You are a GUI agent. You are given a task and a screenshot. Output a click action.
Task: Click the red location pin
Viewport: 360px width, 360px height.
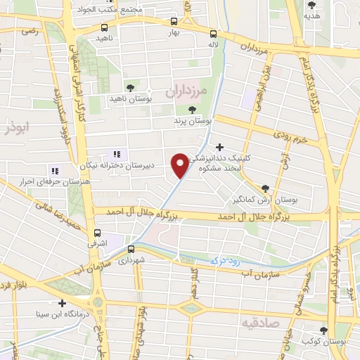181,165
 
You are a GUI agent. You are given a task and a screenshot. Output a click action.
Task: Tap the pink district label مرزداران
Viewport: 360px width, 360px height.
188,91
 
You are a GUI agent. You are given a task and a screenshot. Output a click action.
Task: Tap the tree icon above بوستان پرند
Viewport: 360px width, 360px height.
193,109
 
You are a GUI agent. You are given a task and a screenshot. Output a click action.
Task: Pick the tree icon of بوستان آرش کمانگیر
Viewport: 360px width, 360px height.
265,188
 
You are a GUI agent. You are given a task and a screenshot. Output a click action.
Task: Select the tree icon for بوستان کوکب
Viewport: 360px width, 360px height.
324,330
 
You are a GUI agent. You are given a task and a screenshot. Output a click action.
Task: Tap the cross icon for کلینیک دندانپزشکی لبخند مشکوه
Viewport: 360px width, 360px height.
220,147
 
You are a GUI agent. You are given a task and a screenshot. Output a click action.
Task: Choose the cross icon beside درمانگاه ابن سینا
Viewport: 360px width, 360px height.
63,304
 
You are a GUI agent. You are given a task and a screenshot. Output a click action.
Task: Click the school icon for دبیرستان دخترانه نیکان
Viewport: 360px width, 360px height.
117,154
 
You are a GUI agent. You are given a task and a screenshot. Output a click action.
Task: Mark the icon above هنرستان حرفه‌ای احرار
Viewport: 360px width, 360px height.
54,170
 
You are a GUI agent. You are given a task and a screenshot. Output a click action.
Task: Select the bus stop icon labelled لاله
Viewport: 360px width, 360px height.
214,33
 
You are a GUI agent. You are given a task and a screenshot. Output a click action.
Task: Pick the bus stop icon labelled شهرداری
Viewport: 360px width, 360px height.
131,248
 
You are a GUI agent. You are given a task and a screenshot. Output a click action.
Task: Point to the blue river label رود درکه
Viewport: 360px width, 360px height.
226,261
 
